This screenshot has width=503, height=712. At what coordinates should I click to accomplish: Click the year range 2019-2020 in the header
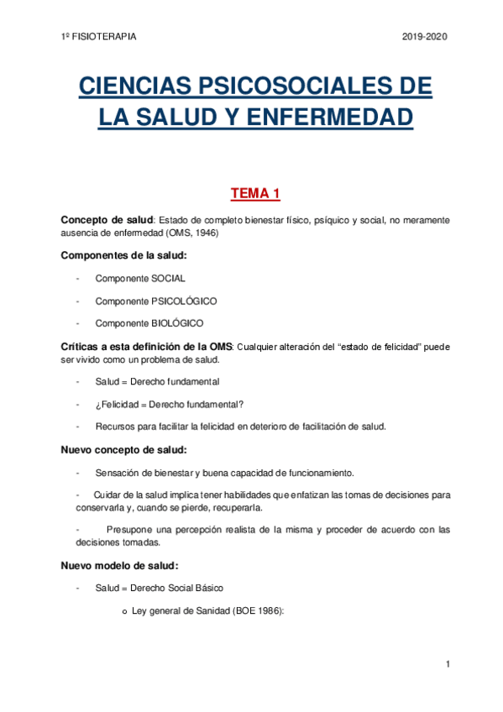point(425,37)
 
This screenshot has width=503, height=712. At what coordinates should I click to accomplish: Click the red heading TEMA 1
point(255,194)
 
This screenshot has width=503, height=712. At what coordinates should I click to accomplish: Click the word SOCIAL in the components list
point(168,278)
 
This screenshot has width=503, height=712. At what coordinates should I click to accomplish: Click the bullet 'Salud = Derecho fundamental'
point(158,381)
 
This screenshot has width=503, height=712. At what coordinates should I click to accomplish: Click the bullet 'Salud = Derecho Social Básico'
point(160,588)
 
